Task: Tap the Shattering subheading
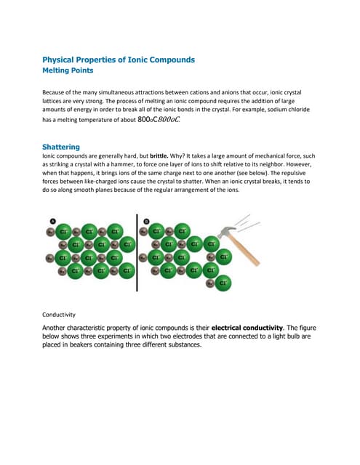tap(61, 146)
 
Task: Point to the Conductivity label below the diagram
tap(60, 315)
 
